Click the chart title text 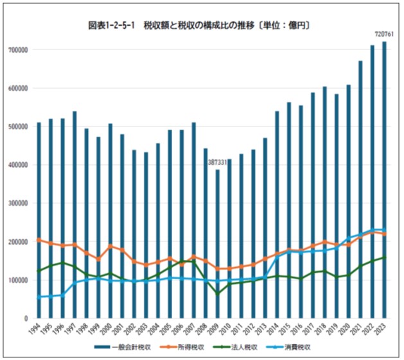pos(200,26)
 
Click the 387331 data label pos(217,163)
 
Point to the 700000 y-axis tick pos(19,49)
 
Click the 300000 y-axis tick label pos(19,203)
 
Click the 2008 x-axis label pos(206,330)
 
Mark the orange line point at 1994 pos(39,240)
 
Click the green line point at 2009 pos(217,294)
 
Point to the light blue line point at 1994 pos(39,297)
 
